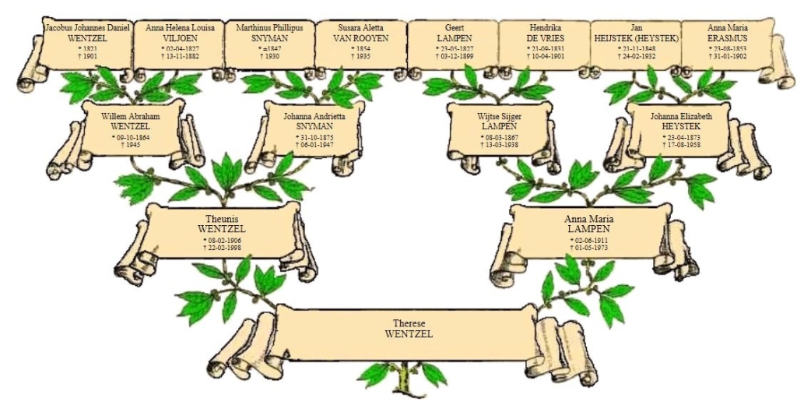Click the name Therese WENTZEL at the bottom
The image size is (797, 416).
point(409,328)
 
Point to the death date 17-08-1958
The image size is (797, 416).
point(680,145)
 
